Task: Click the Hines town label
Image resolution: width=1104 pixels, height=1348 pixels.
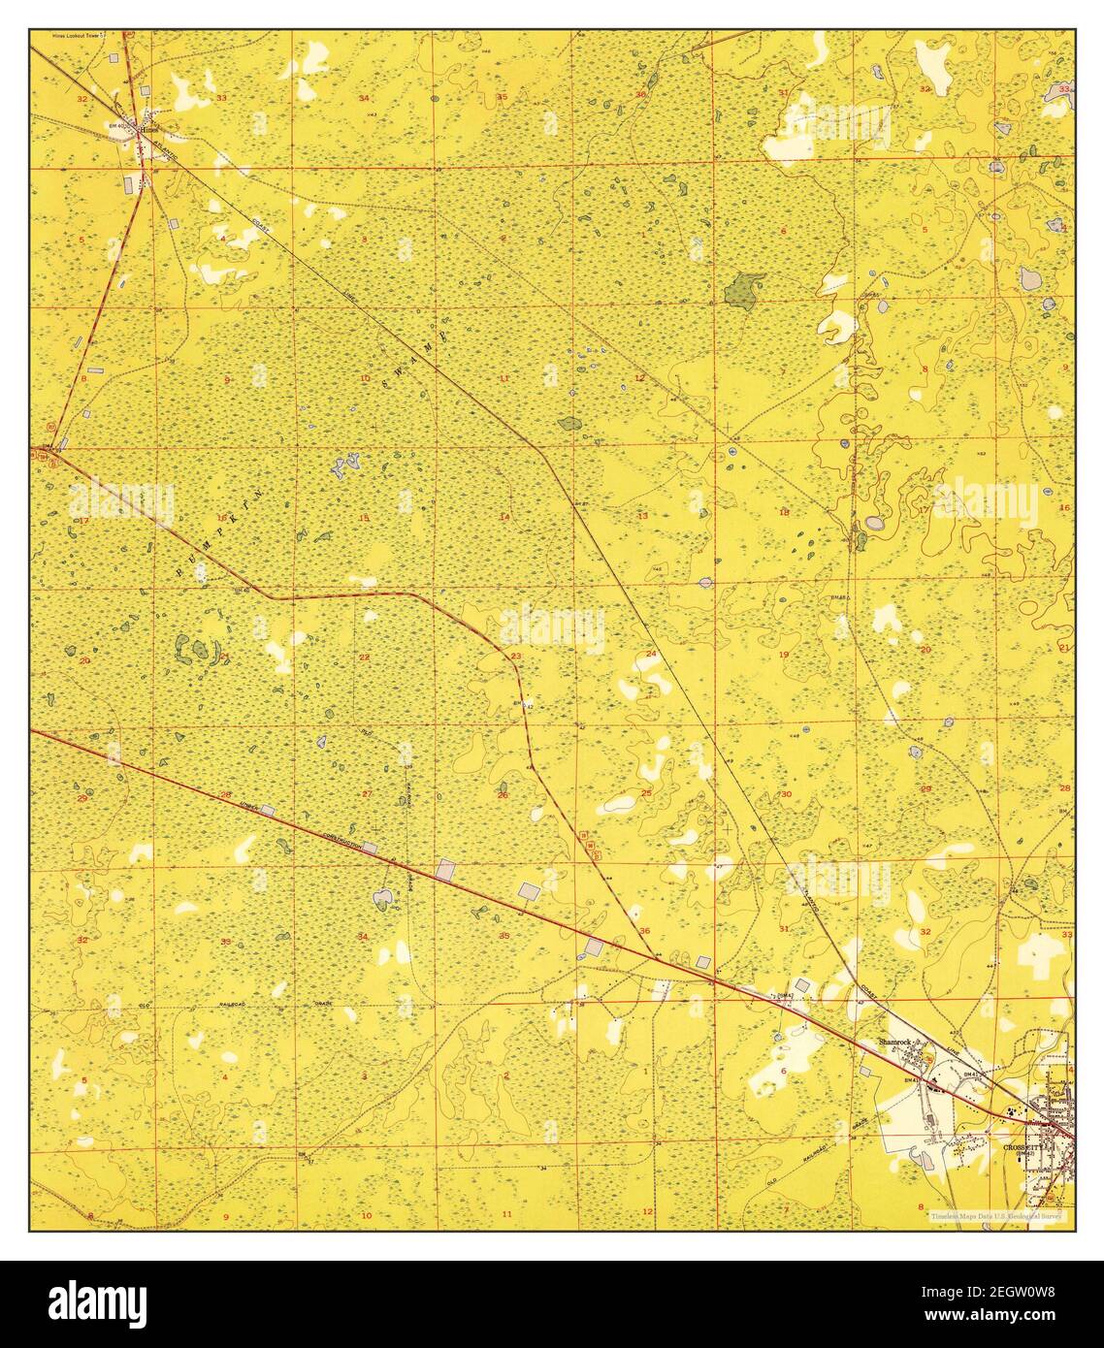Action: coord(148,128)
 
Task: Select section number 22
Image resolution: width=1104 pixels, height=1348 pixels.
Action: coord(364,658)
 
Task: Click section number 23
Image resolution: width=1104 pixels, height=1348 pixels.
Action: coord(515,657)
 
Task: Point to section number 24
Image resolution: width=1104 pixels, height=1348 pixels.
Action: coord(651,656)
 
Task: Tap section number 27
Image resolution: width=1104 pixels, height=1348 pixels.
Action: coord(366,794)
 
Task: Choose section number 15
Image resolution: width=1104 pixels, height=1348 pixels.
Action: coord(364,518)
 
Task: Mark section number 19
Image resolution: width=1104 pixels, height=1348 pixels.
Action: coord(784,656)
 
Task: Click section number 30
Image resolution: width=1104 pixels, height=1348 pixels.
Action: coord(786,794)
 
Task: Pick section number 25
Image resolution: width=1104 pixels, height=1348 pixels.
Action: coord(646,793)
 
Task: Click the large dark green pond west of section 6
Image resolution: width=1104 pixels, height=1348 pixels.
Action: coord(743,289)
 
